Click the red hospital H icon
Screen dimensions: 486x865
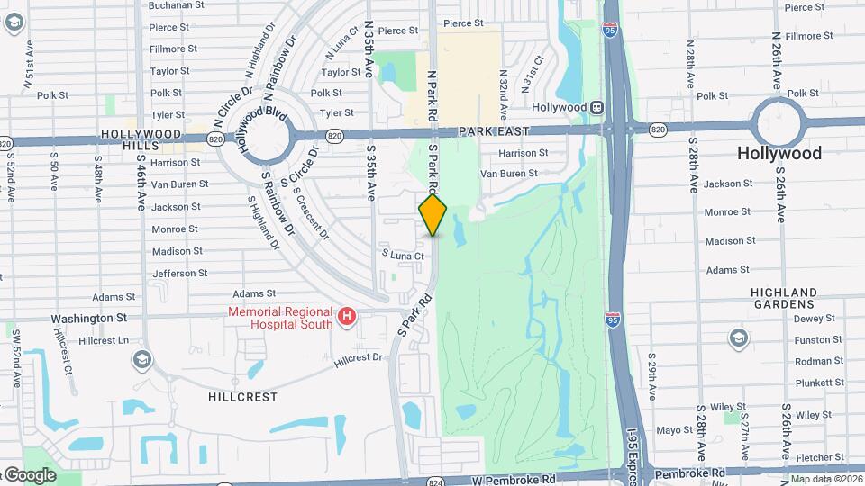pyautogui.click(x=347, y=317)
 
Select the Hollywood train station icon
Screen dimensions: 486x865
pyautogui.click(x=596, y=107)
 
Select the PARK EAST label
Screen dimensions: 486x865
pyautogui.click(x=491, y=131)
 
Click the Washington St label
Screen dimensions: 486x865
pyautogui.click(x=89, y=319)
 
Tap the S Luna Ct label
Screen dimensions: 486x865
pyautogui.click(x=402, y=256)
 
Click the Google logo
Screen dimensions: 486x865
pyautogui.click(x=29, y=475)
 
